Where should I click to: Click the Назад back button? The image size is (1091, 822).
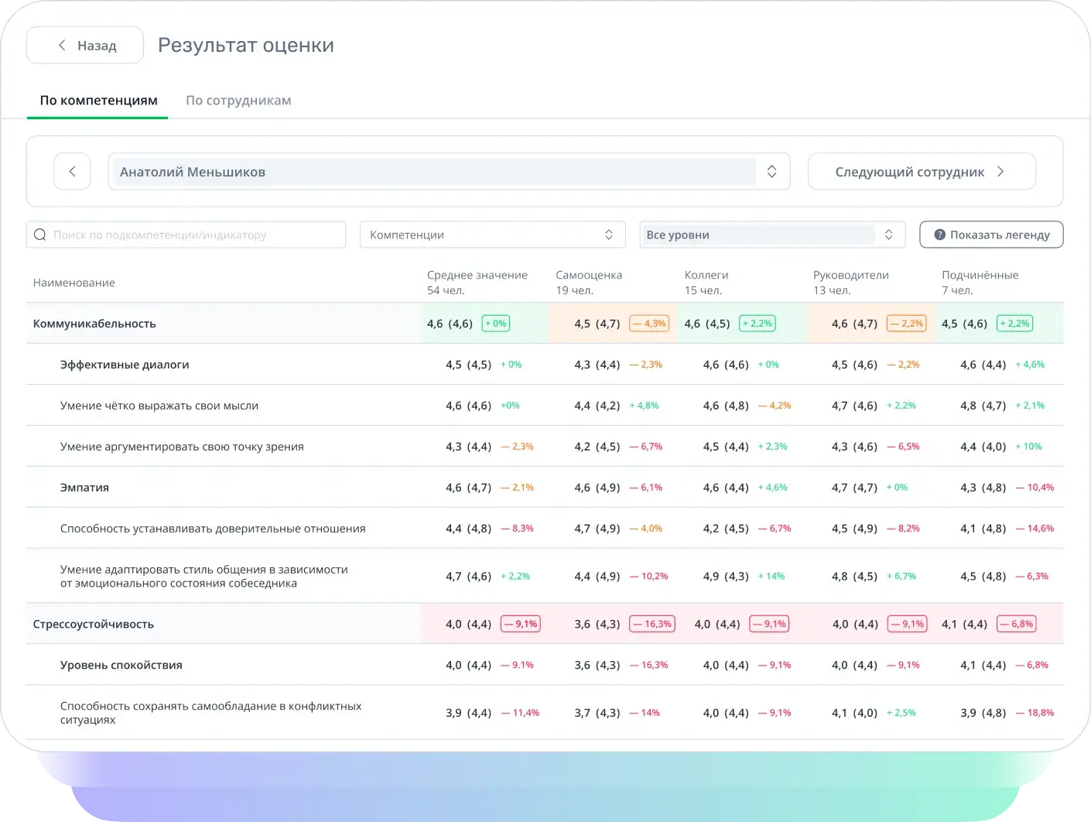tap(85, 45)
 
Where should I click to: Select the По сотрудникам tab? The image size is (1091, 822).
tap(238, 101)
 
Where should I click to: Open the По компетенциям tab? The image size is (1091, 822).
tap(98, 101)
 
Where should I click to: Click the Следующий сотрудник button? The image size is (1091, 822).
tap(922, 172)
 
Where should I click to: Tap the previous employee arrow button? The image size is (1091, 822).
tap(72, 172)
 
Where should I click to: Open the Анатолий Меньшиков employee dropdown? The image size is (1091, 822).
tap(449, 172)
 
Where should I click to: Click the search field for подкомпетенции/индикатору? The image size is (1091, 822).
tap(186, 235)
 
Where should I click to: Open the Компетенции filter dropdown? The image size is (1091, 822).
tap(493, 235)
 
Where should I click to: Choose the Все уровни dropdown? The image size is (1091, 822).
tap(772, 235)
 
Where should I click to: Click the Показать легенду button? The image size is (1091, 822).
tap(991, 235)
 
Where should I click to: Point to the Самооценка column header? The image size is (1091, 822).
tap(589, 275)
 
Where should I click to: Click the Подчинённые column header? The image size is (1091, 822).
tap(980, 275)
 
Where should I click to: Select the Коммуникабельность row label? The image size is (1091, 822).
tap(94, 324)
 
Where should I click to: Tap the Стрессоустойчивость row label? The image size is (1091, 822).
tap(94, 624)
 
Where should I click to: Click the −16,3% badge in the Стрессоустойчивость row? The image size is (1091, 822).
tap(652, 624)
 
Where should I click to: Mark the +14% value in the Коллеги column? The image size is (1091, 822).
tap(771, 577)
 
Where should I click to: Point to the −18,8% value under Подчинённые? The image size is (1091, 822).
tap(1035, 713)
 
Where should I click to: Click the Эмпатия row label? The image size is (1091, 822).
tap(84, 488)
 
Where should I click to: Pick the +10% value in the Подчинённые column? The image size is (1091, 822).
tap(1028, 447)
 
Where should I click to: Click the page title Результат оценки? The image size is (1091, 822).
tap(246, 45)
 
